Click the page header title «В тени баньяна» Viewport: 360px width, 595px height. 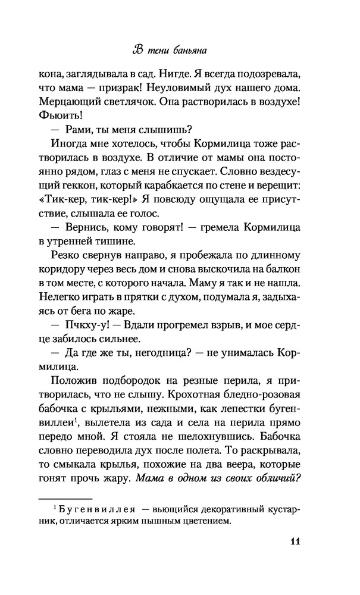coord(180,49)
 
